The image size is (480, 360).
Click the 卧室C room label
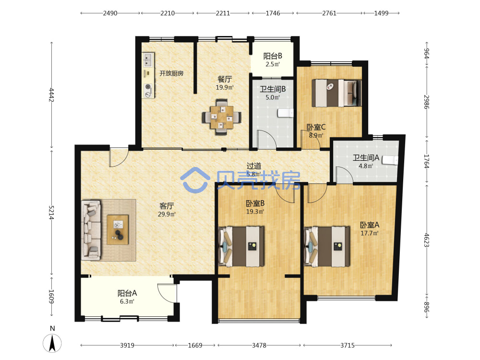pyautogui.click(x=316, y=127)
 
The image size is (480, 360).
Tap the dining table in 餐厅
pyautogui.click(x=222, y=117)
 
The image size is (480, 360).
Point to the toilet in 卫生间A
pyautogui.click(x=391, y=160)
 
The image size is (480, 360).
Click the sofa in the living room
pyautogui.click(x=91, y=230)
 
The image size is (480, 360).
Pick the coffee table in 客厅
pyautogui.click(x=118, y=229)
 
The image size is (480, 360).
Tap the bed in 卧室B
pyautogui.click(x=241, y=246)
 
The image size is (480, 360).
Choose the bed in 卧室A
pyautogui.click(x=327, y=246)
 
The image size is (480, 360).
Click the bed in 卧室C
pyautogui.click(x=336, y=93)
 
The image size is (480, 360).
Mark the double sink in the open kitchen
pyautogui.click(x=148, y=60)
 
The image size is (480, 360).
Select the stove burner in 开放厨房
pyautogui.click(x=148, y=87)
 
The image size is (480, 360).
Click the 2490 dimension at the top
pyautogui.click(x=110, y=13)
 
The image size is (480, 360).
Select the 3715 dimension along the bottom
pyautogui.click(x=348, y=345)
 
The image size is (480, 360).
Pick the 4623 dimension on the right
pyautogui.click(x=427, y=240)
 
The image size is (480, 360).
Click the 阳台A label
pyautogui.click(x=127, y=293)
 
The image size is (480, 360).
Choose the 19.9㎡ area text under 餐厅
pyautogui.click(x=225, y=87)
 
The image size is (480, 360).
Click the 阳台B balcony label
pyautogui.click(x=273, y=56)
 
